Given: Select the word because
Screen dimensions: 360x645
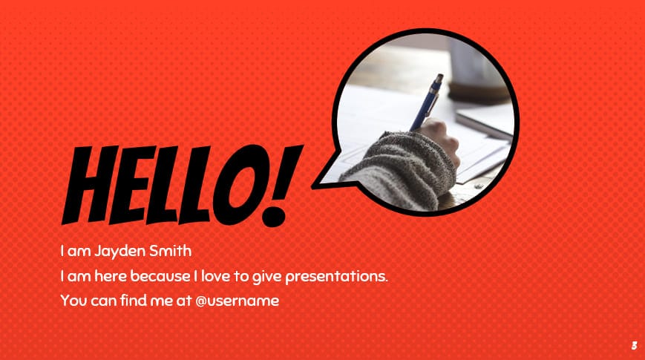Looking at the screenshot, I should tap(158, 276).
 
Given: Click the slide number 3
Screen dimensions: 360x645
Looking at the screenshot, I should tap(634, 345).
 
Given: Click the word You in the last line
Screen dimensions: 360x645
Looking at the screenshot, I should tap(73, 301).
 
